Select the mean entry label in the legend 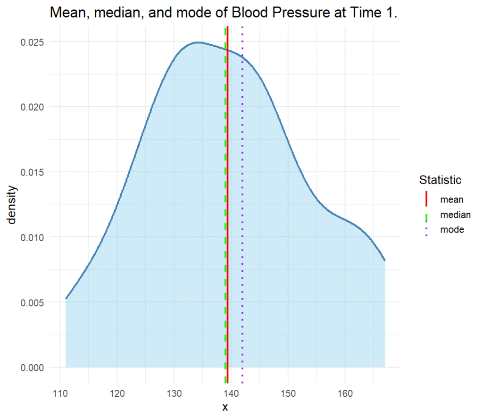tap(451, 200)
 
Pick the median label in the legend tap(455, 215)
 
